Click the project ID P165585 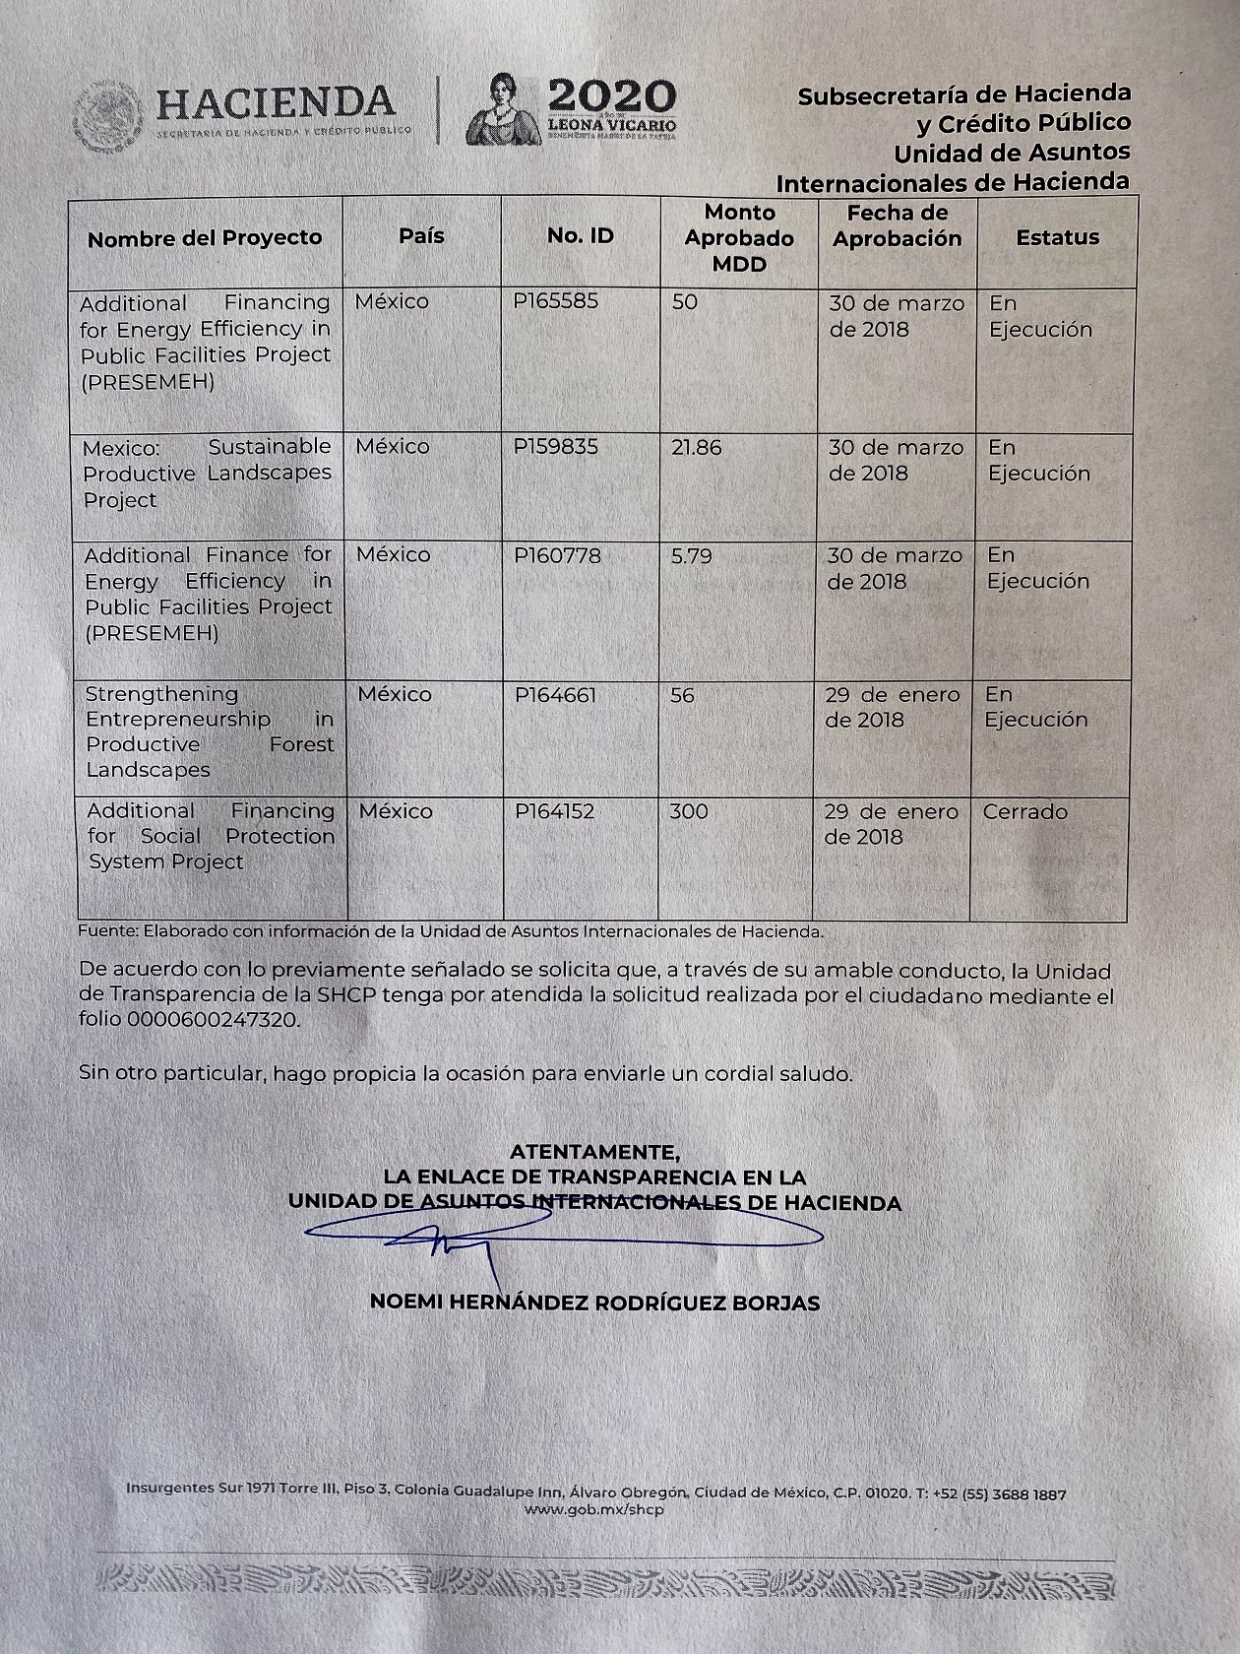tap(555, 301)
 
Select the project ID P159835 tap(555, 447)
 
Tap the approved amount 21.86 tap(696, 448)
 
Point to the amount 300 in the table tap(688, 812)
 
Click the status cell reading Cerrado tap(1024, 812)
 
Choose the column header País tap(421, 236)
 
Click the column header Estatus tap(1057, 237)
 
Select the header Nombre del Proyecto tap(205, 238)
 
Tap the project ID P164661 tap(555, 695)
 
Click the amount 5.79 tap(691, 556)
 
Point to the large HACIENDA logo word tap(276, 102)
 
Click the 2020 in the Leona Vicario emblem tap(611, 96)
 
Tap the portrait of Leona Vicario tap(503, 109)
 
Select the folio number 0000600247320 tap(211, 1020)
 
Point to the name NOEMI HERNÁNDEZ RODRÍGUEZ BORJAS tap(594, 1303)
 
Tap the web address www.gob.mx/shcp tap(594, 1509)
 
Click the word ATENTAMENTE tap(593, 1151)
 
